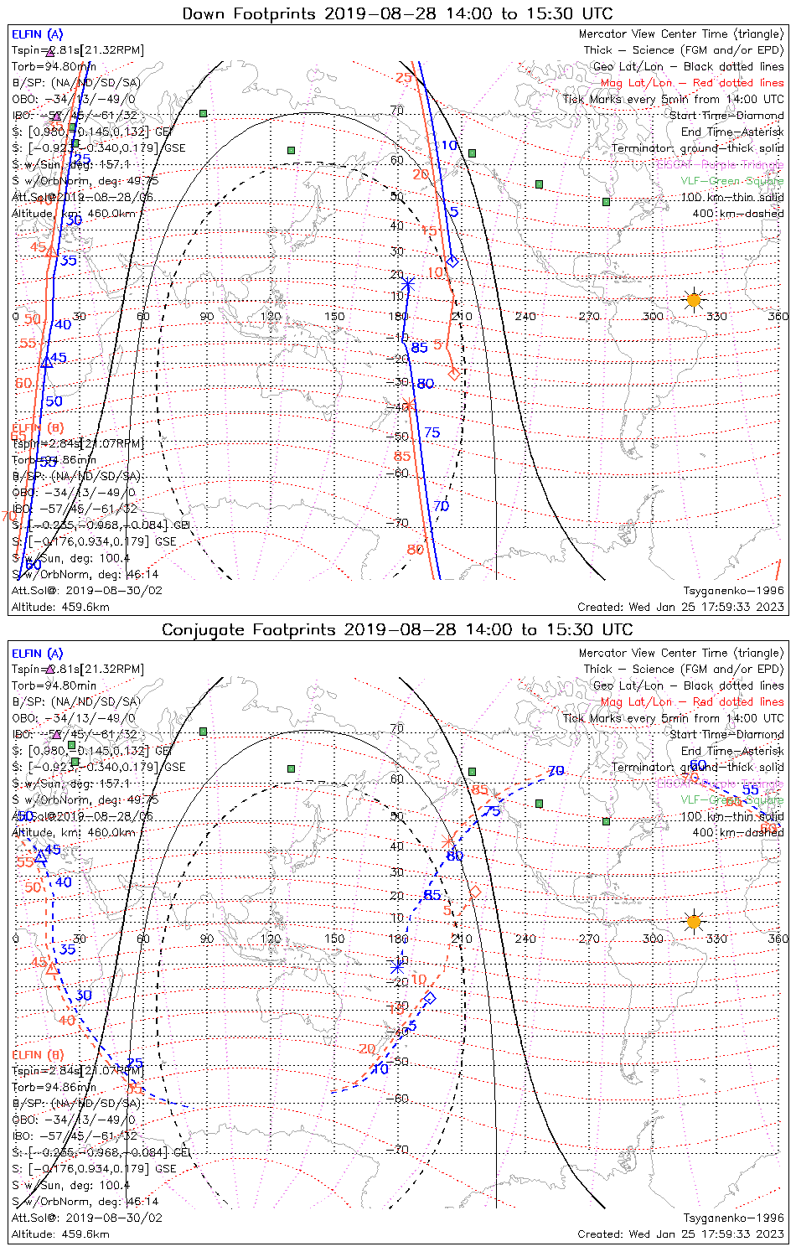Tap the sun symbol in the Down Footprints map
tap(693, 299)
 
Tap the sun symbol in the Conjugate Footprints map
tap(693, 922)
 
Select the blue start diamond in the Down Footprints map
tap(452, 261)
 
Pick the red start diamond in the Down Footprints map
tap(454, 373)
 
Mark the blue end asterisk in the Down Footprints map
tap(408, 284)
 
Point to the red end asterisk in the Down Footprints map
tap(408, 405)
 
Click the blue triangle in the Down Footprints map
tap(47, 362)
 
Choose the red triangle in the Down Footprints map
tap(50, 251)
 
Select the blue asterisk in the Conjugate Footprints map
tap(398, 965)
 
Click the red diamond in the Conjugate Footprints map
tap(475, 892)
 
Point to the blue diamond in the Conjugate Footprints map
tap(430, 997)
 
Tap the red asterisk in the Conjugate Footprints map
tap(449, 841)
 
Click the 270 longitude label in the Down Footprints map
tap(589, 316)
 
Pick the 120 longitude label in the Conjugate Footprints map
tap(271, 939)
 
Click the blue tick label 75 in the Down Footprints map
tap(432, 432)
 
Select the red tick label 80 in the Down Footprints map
tap(416, 549)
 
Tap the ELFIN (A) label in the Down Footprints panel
tap(37, 34)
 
